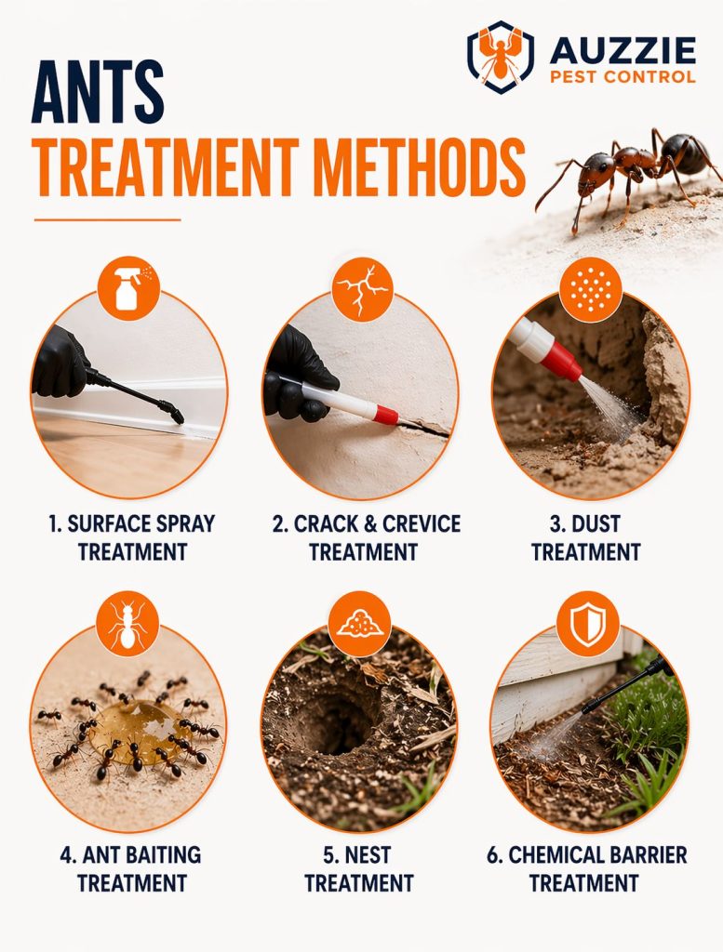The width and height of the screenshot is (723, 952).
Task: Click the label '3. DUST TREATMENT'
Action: pos(586,537)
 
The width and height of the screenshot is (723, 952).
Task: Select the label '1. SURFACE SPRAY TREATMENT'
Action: pos(131,537)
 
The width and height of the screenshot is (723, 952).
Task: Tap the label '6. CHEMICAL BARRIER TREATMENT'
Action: pos(586,868)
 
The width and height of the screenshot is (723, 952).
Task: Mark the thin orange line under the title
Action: pos(107,219)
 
